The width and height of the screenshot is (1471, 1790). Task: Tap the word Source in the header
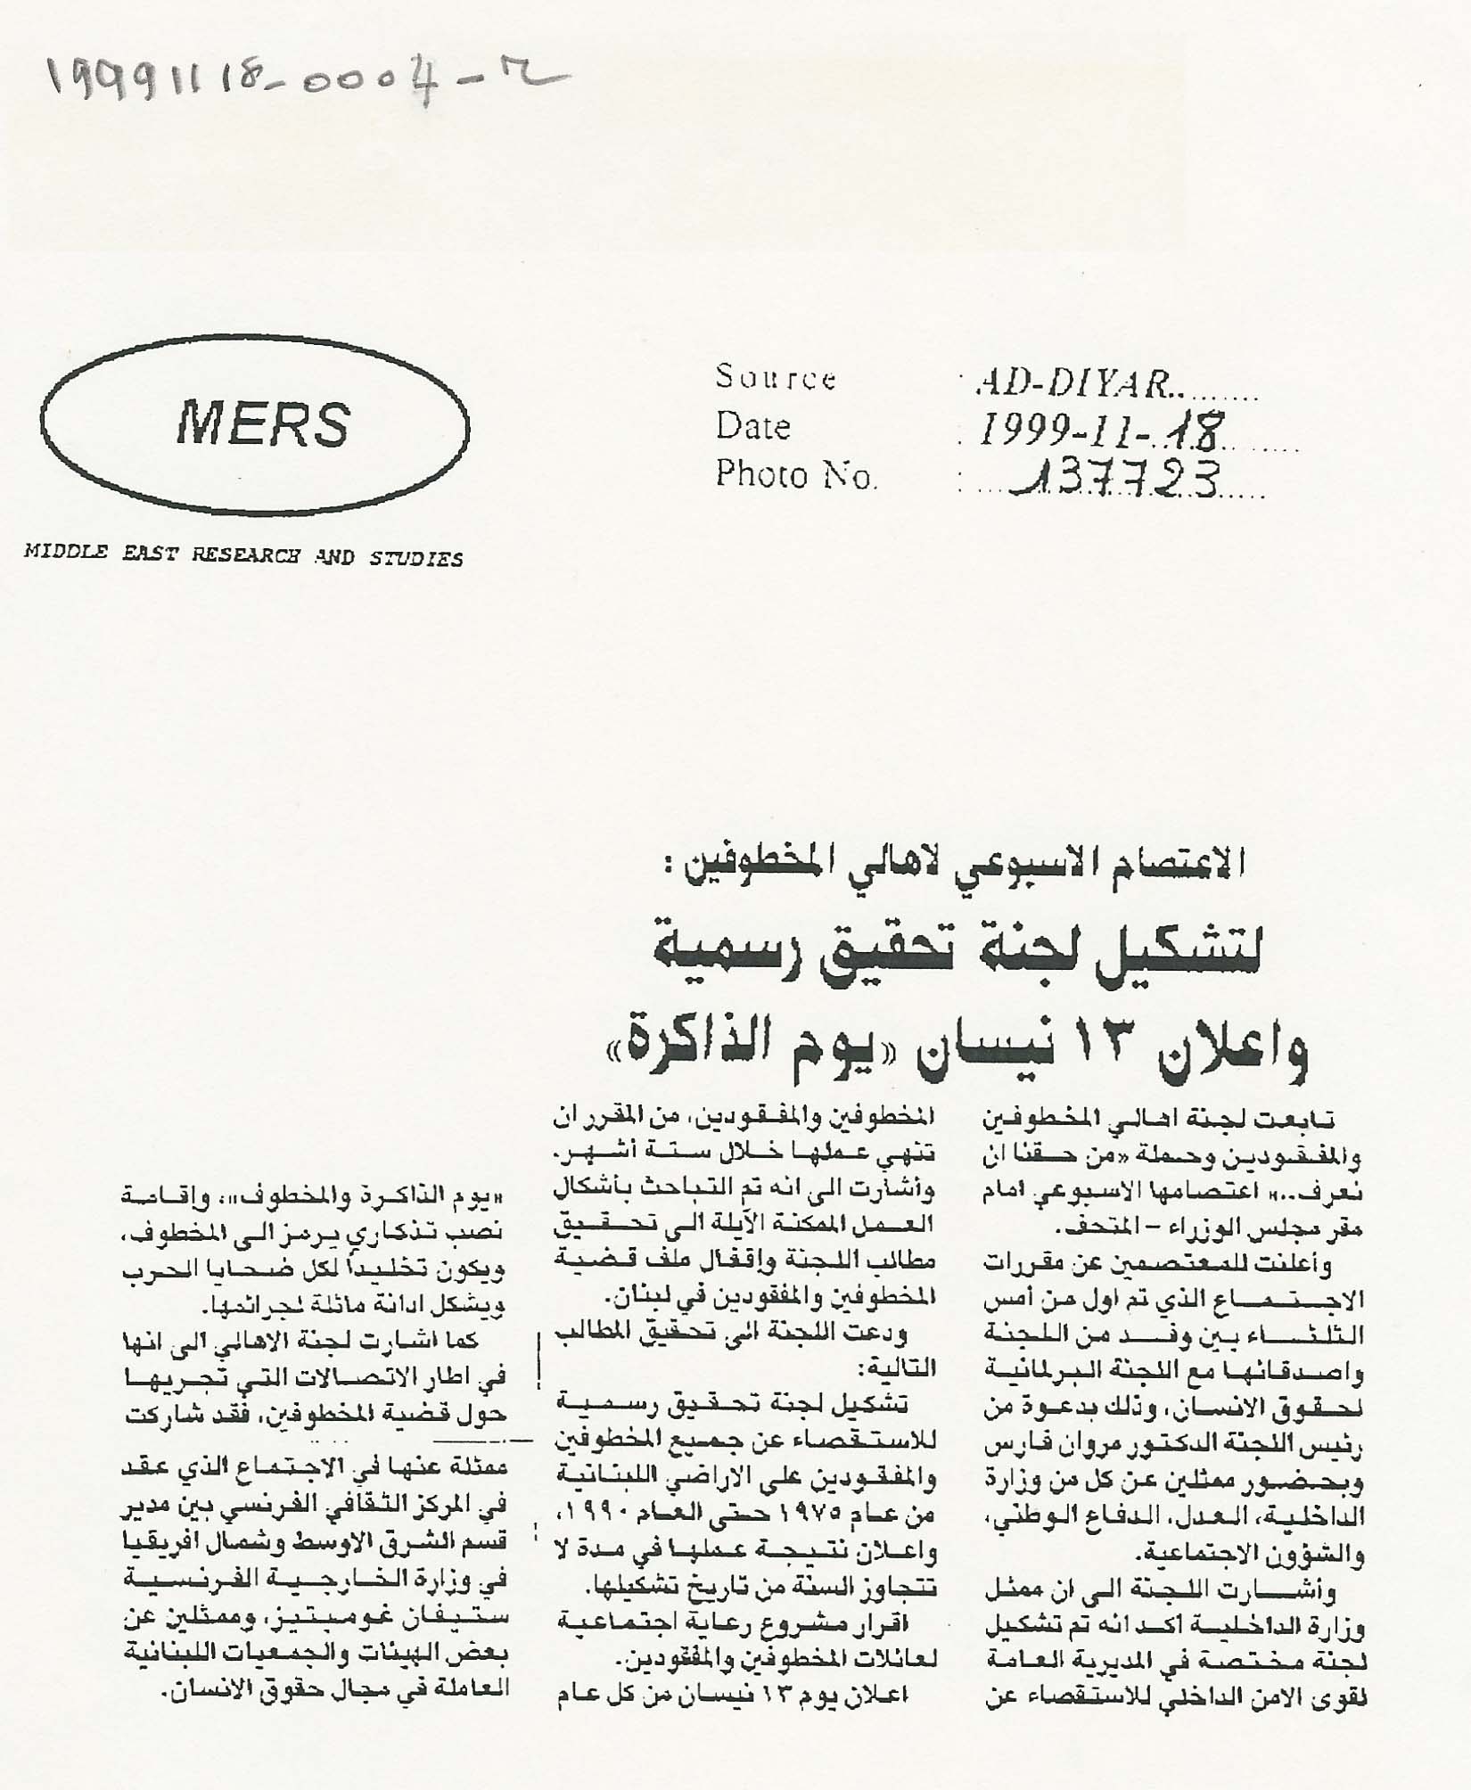pyautogui.click(x=776, y=379)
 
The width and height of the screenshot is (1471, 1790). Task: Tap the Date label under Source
pyautogui.click(x=753, y=427)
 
